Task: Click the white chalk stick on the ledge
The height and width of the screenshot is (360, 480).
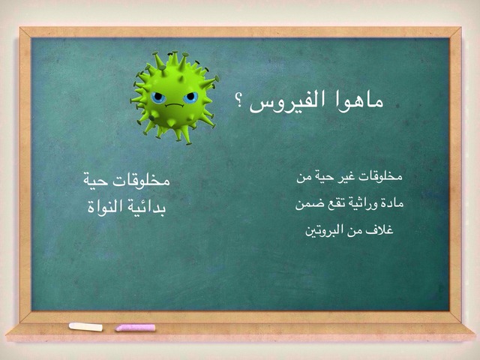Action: tap(85, 327)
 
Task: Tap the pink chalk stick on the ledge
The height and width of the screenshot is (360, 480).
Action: tap(135, 328)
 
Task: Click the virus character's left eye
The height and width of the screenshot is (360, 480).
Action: tap(158, 98)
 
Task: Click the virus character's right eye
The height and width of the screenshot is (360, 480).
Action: tap(190, 97)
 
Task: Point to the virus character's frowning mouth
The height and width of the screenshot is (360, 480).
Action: tap(174, 105)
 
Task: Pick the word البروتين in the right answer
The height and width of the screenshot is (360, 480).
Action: tap(323, 230)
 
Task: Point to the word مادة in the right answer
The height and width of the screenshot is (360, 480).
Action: tap(393, 203)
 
